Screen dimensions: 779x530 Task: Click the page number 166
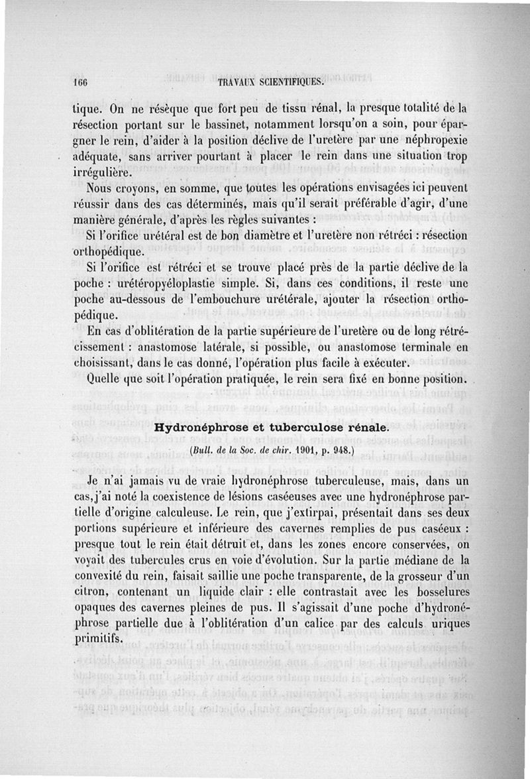pos(82,82)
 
